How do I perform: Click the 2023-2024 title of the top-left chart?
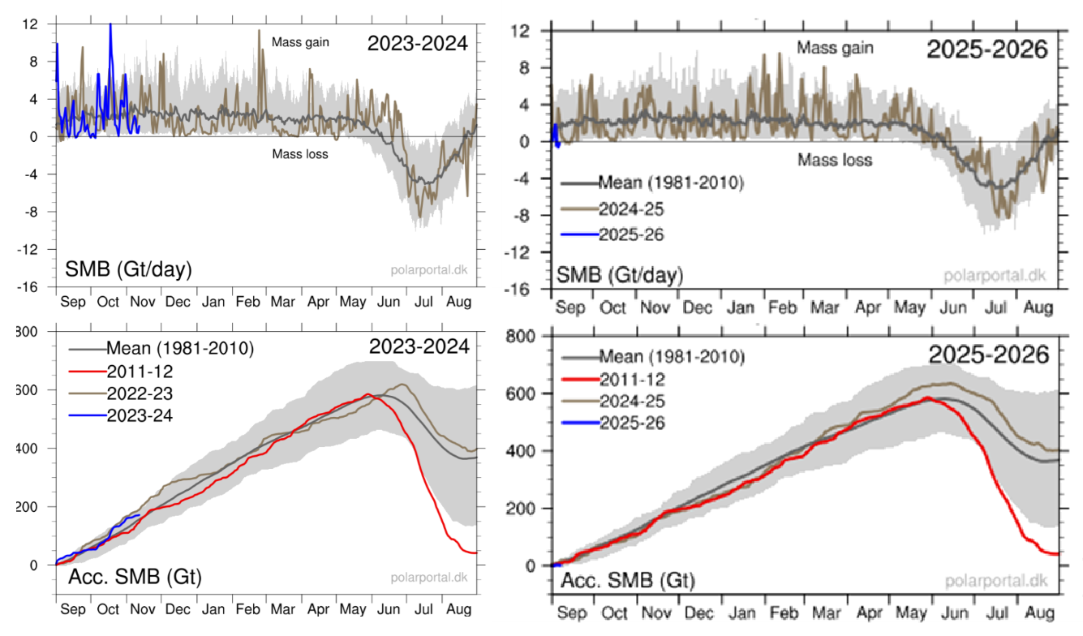pyautogui.click(x=417, y=44)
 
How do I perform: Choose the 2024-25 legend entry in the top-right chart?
pyautogui.click(x=631, y=208)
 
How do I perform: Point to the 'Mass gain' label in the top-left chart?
pyautogui.click(x=299, y=42)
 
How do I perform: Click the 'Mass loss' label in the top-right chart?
pyautogui.click(x=835, y=160)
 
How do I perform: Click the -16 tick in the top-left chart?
pyautogui.click(x=29, y=286)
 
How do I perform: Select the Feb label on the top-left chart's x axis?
pyautogui.click(x=247, y=302)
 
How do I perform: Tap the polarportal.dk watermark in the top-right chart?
pyautogui.click(x=995, y=275)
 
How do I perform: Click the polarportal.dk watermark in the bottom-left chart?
pyautogui.click(x=428, y=578)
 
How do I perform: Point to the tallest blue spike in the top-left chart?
pyautogui.click(x=110, y=24)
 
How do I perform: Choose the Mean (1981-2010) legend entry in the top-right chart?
pyautogui.click(x=670, y=183)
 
